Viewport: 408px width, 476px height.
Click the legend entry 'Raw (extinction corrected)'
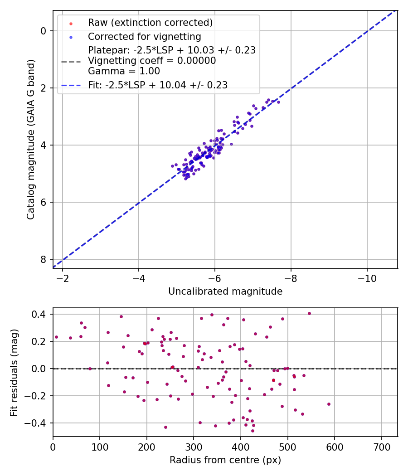(x=150, y=23)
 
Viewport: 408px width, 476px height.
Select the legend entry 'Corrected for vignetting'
(x=144, y=36)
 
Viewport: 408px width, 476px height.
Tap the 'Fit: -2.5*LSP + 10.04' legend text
(x=158, y=85)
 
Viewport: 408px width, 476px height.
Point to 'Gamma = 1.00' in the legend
(x=124, y=71)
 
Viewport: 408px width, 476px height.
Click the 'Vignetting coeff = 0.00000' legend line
(x=152, y=61)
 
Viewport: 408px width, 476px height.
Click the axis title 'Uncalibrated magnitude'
(x=225, y=291)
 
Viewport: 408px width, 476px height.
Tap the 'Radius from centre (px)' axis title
(x=225, y=460)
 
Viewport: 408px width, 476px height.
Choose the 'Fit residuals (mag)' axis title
(x=15, y=372)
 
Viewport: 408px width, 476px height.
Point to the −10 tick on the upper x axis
(x=367, y=278)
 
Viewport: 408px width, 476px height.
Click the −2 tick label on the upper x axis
(x=63, y=278)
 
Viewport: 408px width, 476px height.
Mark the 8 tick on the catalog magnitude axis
(x=44, y=259)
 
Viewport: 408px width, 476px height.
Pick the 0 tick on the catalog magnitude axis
(x=44, y=31)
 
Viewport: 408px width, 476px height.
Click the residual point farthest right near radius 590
(x=329, y=404)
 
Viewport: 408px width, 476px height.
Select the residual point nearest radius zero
(x=56, y=337)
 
